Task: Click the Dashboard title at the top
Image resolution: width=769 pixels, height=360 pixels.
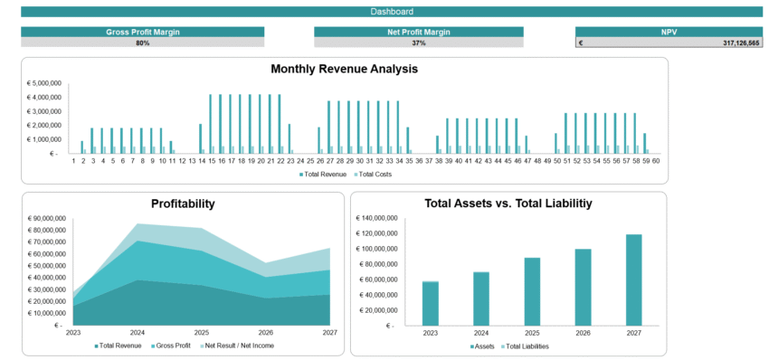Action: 392,12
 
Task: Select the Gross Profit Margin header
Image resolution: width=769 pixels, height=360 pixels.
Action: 143,32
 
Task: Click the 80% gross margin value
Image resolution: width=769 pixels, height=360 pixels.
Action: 143,43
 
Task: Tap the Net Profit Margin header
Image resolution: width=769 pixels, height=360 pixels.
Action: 418,32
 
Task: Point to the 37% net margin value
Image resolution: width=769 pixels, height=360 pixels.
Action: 418,43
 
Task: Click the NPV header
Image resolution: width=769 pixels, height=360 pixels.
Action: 669,32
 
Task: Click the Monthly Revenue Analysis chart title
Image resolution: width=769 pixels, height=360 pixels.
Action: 344,69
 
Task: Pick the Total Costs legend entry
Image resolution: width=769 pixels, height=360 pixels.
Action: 375,174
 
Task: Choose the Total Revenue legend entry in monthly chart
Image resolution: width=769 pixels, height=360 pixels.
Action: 324,174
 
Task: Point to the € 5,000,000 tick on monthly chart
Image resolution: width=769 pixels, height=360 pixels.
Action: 43,83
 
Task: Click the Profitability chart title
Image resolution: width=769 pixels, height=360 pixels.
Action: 183,204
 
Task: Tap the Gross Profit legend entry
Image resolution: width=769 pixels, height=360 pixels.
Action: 174,346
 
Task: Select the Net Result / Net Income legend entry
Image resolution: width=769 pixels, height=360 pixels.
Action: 238,346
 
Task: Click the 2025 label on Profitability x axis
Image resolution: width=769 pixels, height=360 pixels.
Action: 201,332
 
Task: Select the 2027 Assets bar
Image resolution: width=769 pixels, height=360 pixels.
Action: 633,279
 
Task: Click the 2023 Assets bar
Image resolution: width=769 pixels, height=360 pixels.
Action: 430,303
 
